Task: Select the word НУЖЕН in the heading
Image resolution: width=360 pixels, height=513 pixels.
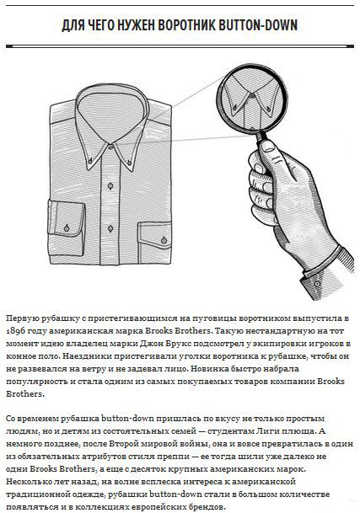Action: tap(136, 25)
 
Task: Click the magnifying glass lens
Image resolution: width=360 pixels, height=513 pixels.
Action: tap(252, 99)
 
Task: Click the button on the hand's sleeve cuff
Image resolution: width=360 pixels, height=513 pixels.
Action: tap(317, 283)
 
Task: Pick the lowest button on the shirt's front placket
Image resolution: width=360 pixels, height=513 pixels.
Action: tap(110, 228)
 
